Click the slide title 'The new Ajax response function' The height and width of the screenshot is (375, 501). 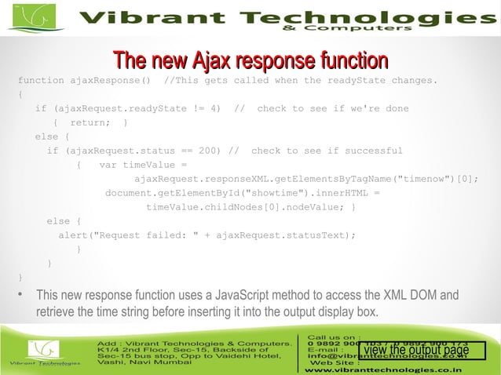point(251,60)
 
